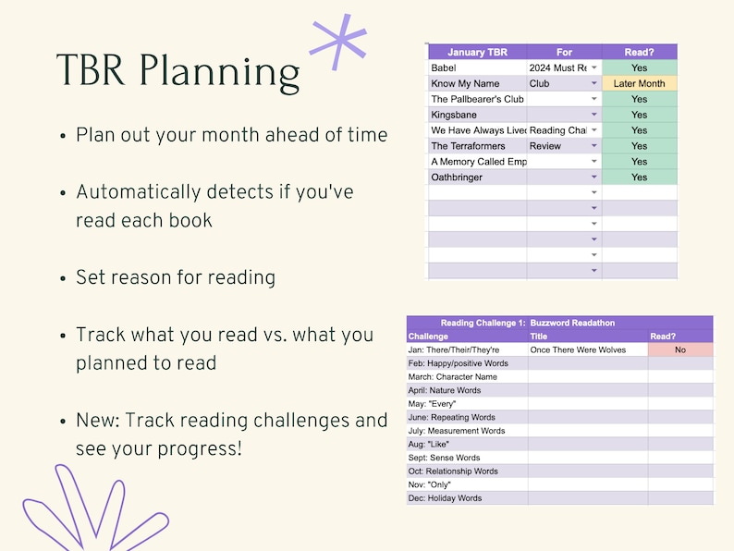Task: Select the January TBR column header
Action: pos(477,53)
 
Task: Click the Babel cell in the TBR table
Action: pos(477,68)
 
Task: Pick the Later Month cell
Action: pos(639,84)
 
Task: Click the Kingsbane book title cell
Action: pos(477,115)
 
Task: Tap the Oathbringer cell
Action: pos(477,178)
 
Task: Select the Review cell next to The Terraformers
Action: pos(557,146)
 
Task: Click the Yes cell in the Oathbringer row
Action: pos(639,178)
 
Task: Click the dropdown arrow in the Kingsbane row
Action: pos(593,116)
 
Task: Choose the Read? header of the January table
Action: pos(639,53)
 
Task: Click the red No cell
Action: pos(680,350)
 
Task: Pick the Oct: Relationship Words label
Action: pos(453,471)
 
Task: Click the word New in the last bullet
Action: pos(98,421)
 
